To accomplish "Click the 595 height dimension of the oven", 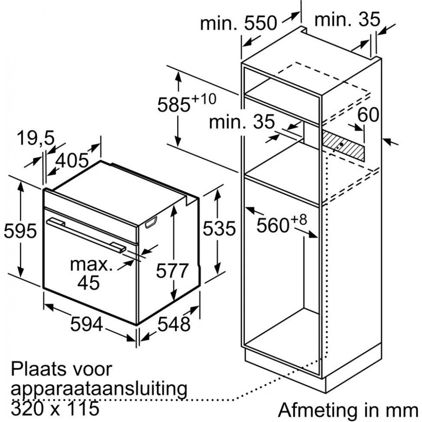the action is point(20,231).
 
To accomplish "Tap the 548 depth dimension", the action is point(174,324).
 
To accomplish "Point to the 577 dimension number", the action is point(172,271).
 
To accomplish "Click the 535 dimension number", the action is point(219,229).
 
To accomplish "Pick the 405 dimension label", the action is point(72,161).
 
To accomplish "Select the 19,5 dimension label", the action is point(36,138).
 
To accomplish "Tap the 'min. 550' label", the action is point(238,23).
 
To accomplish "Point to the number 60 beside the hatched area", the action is point(368,115).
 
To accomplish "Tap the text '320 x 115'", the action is point(55,408).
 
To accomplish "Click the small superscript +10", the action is point(204,99).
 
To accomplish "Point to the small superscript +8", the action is point(299,220).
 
